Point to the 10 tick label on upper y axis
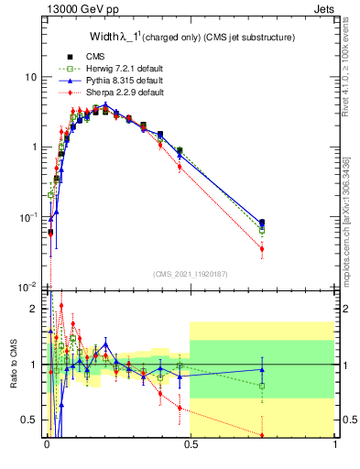pos(31,77)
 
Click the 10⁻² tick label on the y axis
pos(28,288)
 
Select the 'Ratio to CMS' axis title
pos(14,365)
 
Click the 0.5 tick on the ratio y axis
pos(30,420)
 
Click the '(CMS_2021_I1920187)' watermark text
pos(191,273)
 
